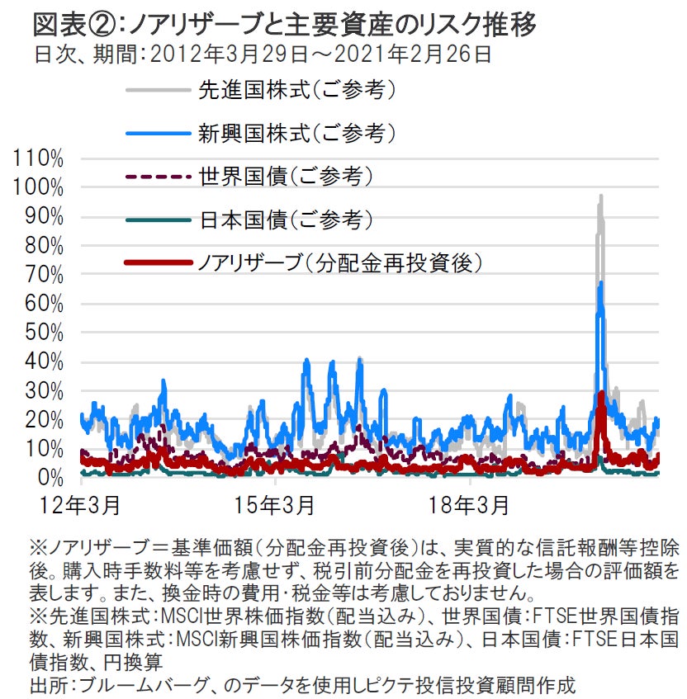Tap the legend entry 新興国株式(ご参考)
[296, 132]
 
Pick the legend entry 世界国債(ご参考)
[284, 176]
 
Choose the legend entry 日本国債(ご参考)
[284, 220]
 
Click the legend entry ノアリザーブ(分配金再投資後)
[339, 263]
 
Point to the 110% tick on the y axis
[39, 158]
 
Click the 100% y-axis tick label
[39, 187]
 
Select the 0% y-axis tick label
[49, 478]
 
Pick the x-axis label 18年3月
[469, 503]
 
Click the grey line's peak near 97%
[600, 196]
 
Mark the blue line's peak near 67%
[600, 283]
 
